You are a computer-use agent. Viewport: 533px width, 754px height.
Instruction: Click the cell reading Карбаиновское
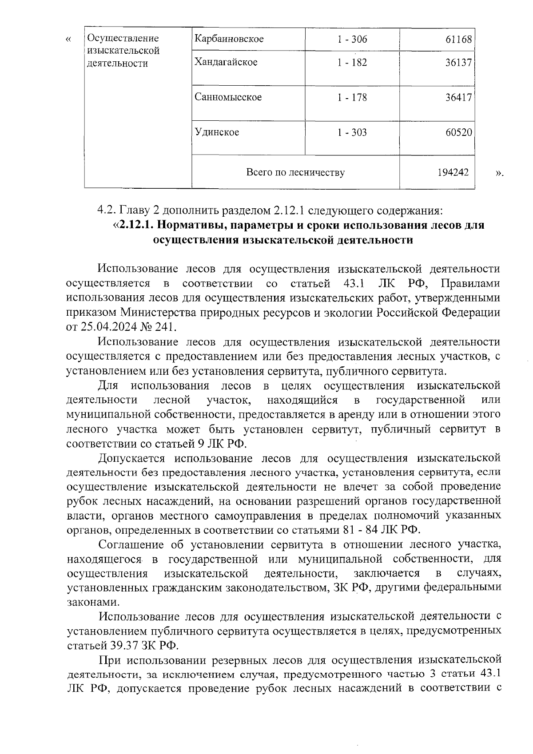[229, 39]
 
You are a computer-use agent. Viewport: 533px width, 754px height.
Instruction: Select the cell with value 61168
[459, 39]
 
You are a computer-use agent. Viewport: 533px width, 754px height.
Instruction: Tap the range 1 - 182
[352, 63]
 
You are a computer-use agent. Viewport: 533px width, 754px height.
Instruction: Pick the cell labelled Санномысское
[228, 97]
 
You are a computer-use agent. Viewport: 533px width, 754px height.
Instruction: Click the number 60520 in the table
[459, 132]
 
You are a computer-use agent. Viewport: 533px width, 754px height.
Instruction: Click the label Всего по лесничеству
[295, 172]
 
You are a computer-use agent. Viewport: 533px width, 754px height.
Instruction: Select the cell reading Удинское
[217, 132]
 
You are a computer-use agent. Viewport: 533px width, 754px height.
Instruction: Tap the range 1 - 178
[352, 97]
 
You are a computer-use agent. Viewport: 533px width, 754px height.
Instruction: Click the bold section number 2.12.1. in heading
[136, 225]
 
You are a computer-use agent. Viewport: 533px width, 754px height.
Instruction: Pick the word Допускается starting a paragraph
[131, 458]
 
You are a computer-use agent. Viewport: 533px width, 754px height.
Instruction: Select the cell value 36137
[459, 63]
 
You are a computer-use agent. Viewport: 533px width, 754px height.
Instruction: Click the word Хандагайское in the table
[226, 62]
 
